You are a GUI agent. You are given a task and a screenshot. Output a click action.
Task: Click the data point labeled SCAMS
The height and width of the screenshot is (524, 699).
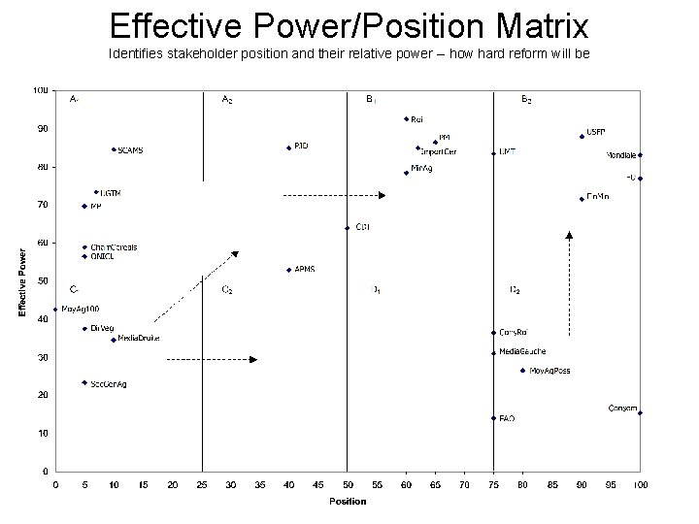114,149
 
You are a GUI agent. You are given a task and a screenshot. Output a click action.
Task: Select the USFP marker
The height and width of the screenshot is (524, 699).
582,136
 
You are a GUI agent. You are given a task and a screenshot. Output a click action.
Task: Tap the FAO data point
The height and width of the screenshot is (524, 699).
493,418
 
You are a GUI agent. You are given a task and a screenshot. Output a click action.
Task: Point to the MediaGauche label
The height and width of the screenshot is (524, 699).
521,351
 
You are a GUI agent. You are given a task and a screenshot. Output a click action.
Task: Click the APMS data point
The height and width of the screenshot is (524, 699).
289,270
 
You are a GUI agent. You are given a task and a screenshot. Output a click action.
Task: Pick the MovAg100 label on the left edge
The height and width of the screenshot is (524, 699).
81,309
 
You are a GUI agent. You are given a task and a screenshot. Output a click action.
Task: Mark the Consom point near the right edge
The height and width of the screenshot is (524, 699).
640,413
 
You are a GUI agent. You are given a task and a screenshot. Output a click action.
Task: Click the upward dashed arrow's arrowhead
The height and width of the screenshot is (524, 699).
569,234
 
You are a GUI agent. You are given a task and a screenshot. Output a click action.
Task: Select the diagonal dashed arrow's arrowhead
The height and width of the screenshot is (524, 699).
235,254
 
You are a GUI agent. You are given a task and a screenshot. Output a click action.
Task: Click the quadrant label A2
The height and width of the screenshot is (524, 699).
227,100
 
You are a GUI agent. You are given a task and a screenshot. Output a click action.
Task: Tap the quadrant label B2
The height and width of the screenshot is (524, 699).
526,100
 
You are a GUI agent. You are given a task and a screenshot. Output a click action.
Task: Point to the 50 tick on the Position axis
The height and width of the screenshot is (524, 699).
348,484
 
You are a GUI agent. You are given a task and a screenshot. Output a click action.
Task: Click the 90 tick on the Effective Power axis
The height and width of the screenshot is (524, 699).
42,129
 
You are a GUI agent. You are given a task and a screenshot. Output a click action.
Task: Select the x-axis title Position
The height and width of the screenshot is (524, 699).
348,501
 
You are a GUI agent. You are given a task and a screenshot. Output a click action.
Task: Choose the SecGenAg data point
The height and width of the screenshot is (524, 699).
84,383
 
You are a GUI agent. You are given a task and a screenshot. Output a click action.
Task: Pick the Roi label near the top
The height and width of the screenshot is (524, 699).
416,119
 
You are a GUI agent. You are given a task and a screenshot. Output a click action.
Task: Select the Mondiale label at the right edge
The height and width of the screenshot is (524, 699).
621,155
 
